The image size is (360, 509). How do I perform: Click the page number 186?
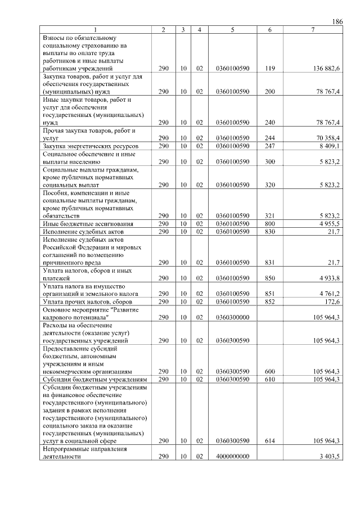tap(337, 21)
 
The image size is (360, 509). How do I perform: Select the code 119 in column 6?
tap(269, 68)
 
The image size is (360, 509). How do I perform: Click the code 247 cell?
tap(269, 146)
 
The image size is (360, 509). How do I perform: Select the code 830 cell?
tap(269, 231)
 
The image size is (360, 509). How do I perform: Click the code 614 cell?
tap(269, 441)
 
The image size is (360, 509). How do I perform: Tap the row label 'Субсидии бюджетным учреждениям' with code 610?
tap(95, 380)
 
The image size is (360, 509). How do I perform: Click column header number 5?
tap(232, 29)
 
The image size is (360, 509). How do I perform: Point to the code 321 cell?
tap(269, 215)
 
